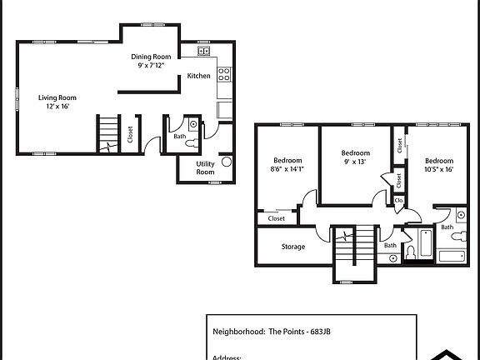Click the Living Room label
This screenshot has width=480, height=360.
[x=57, y=97]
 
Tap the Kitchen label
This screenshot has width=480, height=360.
[x=198, y=76]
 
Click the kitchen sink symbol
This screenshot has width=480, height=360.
[x=203, y=52]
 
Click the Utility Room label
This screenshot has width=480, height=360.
[x=205, y=167]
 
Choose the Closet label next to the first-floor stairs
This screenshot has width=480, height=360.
[x=131, y=134]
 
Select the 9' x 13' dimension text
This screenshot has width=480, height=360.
[x=356, y=162]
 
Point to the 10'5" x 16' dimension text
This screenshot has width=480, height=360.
[x=438, y=169]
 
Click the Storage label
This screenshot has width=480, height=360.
[x=292, y=247]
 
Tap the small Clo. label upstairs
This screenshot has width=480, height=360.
[x=398, y=201]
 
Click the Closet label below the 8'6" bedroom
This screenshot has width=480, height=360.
[x=276, y=218]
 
